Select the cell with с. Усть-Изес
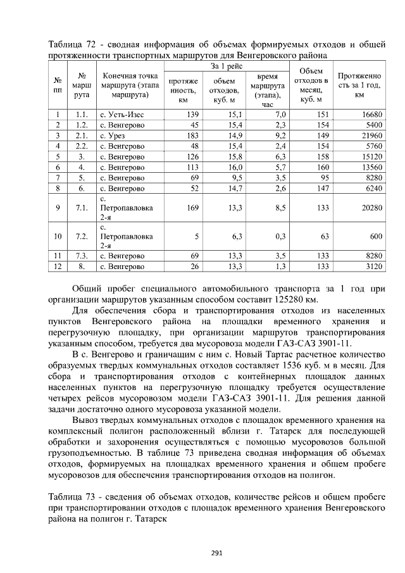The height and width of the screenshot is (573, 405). pyautogui.click(x=123, y=115)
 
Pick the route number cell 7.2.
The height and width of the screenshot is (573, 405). pyautogui.click(x=81, y=236)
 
